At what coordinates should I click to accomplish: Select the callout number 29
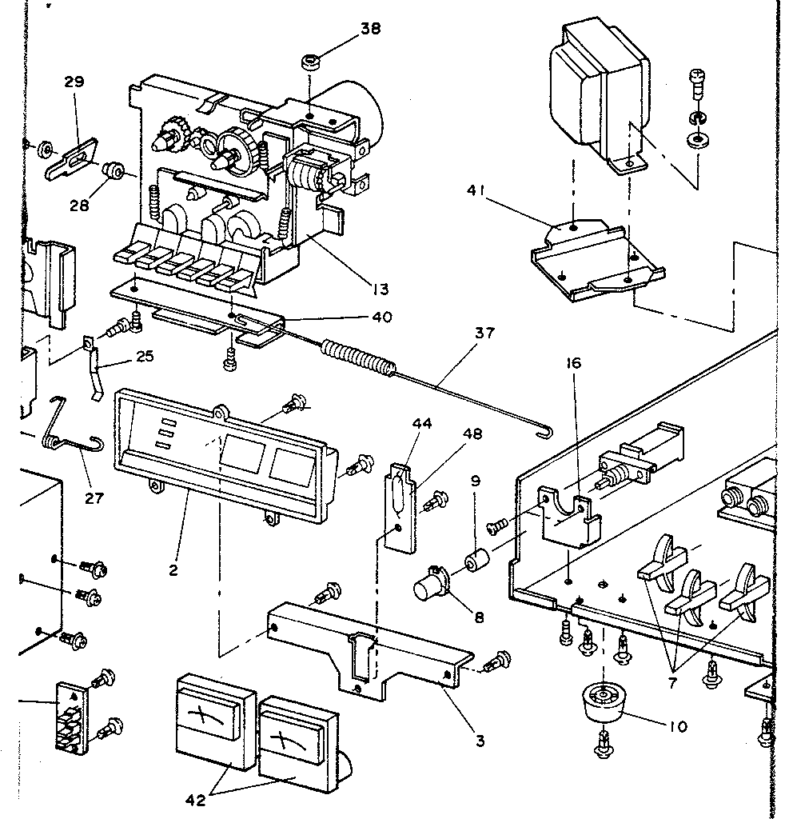[x=74, y=82]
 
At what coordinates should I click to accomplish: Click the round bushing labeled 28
[x=114, y=170]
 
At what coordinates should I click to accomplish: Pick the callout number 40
[x=381, y=317]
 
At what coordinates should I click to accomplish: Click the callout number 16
[x=574, y=364]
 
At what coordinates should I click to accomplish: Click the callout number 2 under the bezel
[x=173, y=570]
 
